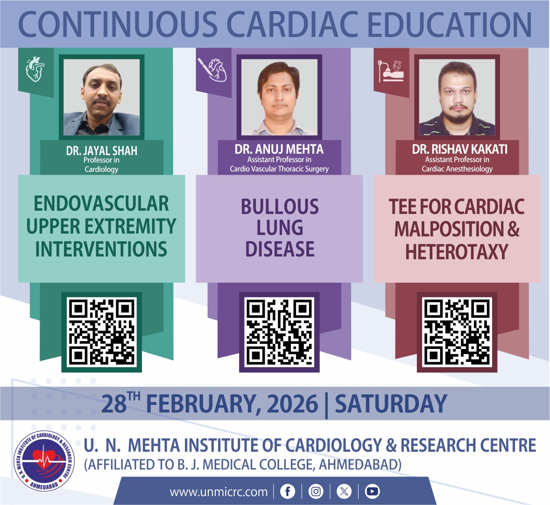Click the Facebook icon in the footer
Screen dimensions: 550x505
pos(288,491)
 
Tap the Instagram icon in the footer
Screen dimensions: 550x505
pos(316,491)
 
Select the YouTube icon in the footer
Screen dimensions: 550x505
pos(372,491)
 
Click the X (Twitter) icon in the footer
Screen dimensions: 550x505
pos(344,491)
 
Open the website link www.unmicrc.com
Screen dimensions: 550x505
pos(219,492)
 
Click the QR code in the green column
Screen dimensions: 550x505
pos(102,332)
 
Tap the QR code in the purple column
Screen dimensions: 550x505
pos(279,332)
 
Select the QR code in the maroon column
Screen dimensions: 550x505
pos(457,332)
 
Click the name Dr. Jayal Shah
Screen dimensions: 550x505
pos(102,151)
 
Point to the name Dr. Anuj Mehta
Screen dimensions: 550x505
pos(279,149)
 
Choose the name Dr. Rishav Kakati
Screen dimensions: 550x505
pos(460,149)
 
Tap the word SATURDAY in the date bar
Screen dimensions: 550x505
pos(391,404)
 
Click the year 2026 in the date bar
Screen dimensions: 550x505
pos(293,404)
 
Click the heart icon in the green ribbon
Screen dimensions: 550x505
pos(35,70)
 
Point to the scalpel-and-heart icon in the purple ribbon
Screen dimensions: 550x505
pos(212,70)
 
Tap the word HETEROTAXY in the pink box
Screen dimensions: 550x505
pos(457,252)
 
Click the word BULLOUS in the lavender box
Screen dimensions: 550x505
pos(280,206)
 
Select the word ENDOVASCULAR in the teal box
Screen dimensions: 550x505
pos(101,204)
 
